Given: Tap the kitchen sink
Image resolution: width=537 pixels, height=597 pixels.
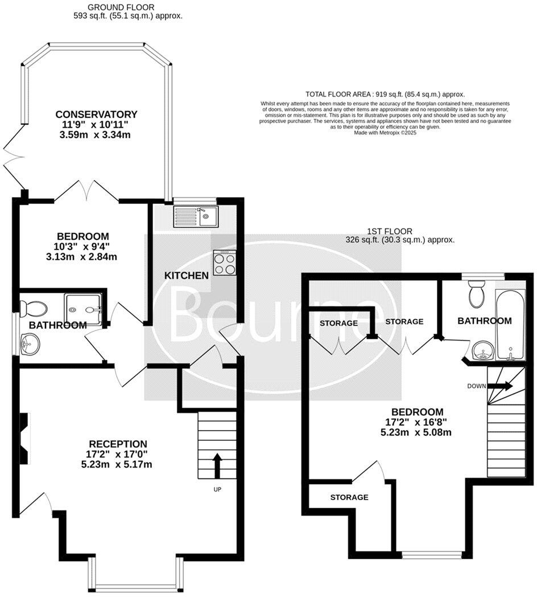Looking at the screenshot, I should [x=195, y=216].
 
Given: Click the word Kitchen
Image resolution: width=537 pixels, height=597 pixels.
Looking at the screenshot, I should [x=186, y=276].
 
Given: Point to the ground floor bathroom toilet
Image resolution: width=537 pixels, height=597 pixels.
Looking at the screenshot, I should [x=32, y=309].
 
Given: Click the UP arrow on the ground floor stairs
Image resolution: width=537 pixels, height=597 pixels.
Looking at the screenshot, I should [x=217, y=464].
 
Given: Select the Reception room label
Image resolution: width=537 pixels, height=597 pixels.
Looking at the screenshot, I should [x=118, y=444].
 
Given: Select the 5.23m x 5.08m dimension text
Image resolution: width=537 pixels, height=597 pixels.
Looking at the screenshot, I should [x=416, y=432].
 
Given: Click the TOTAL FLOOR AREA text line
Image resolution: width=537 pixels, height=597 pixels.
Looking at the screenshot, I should [x=385, y=94].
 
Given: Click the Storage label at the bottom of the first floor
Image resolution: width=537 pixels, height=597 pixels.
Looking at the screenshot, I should [x=349, y=497].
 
